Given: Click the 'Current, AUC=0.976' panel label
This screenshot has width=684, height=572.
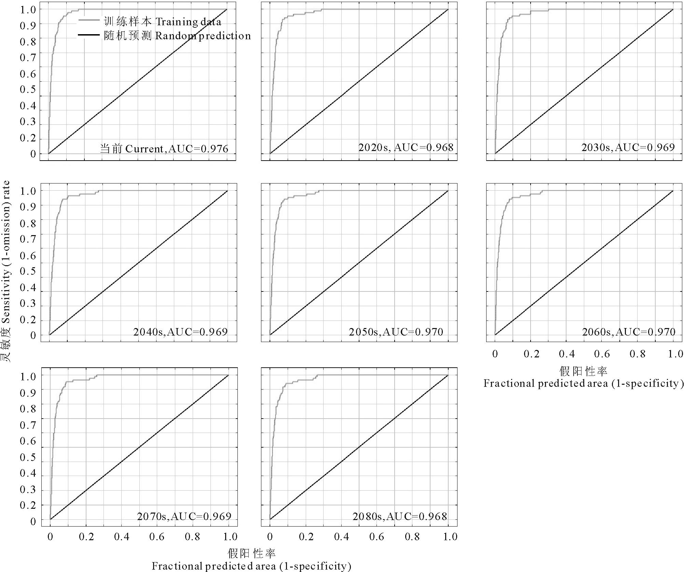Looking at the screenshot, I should [164, 149].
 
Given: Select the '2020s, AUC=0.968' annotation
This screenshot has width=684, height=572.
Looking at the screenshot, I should [406, 148].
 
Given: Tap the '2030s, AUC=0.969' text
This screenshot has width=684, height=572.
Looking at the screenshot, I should [628, 148].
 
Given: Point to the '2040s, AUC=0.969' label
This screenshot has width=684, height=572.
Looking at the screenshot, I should [180, 332].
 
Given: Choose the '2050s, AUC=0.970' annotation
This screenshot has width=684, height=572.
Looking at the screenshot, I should [396, 332].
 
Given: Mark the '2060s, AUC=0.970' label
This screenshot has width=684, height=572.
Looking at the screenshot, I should [628, 332].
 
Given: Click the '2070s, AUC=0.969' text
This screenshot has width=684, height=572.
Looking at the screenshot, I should [184, 516].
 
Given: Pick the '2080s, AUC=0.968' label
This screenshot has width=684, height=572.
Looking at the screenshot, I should [399, 516].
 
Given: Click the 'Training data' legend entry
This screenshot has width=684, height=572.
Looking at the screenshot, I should [162, 22].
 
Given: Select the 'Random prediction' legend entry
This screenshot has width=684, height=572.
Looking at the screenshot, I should [177, 36].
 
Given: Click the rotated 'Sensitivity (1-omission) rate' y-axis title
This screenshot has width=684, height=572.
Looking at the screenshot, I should [6, 272].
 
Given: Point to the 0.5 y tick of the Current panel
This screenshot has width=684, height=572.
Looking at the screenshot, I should [28, 90].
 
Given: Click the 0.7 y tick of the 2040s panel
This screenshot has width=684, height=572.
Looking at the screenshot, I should [28, 239].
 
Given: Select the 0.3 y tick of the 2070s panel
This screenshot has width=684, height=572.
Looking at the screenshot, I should [28, 490].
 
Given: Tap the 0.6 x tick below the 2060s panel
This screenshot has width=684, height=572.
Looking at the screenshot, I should [602, 354].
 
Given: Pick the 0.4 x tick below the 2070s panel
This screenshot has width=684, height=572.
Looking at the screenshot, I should [122, 537].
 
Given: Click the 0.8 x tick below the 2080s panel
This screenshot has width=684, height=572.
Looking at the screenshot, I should [412, 537].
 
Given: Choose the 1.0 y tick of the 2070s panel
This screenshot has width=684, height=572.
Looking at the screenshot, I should [28, 376].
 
